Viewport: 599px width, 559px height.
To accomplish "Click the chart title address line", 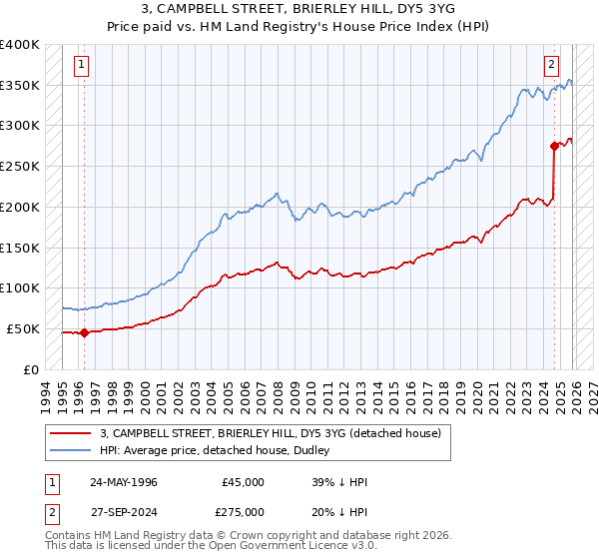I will click(299, 8).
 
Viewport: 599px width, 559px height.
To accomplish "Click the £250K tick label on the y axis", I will click(19, 166).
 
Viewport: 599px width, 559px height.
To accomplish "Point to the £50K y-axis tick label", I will click(23, 328).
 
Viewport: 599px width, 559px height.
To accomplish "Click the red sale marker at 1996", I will click(84, 333).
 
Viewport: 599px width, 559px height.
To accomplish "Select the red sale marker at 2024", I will click(554, 146).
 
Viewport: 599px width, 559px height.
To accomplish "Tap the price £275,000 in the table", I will click(243, 512).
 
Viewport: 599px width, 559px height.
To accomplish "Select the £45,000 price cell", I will click(243, 482).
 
